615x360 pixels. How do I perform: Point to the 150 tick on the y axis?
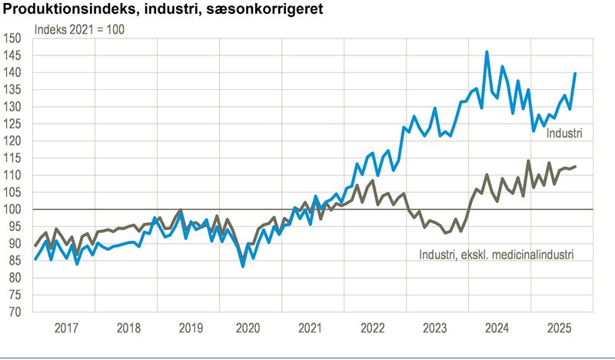pyautogui.click(x=13, y=38)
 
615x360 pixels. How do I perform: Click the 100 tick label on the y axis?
pyautogui.click(x=13, y=209)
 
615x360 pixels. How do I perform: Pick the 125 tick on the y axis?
pyautogui.click(x=13, y=124)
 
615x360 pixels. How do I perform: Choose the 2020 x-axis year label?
pyautogui.click(x=251, y=328)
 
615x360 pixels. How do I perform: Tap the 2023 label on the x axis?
pyautogui.click(x=437, y=328)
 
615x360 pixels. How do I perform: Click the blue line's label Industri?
pyautogui.click(x=564, y=134)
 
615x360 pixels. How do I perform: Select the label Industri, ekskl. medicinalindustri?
pyautogui.click(x=497, y=255)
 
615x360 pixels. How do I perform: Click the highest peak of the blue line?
pyautogui.click(x=487, y=52)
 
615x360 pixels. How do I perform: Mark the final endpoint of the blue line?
pyautogui.click(x=576, y=73)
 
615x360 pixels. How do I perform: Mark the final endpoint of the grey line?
pyautogui.click(x=576, y=166)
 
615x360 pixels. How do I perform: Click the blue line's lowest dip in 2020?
pyautogui.click(x=243, y=266)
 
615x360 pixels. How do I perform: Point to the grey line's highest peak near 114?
pyautogui.click(x=528, y=161)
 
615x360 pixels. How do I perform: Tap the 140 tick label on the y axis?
pyautogui.click(x=13, y=72)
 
